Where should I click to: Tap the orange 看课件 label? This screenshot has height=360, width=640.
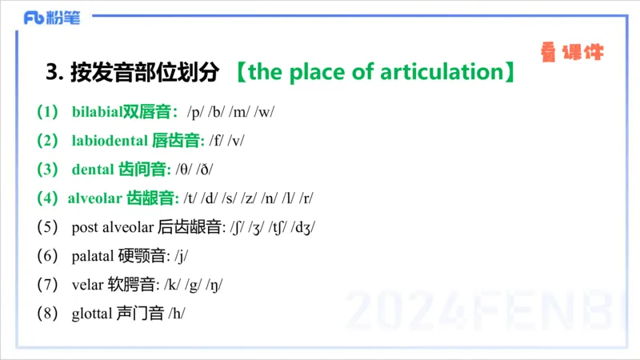point(571,54)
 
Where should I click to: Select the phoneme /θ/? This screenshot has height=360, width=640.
point(186,169)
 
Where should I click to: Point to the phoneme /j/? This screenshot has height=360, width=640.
point(181,255)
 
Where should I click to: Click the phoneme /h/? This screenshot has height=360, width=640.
point(176,313)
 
